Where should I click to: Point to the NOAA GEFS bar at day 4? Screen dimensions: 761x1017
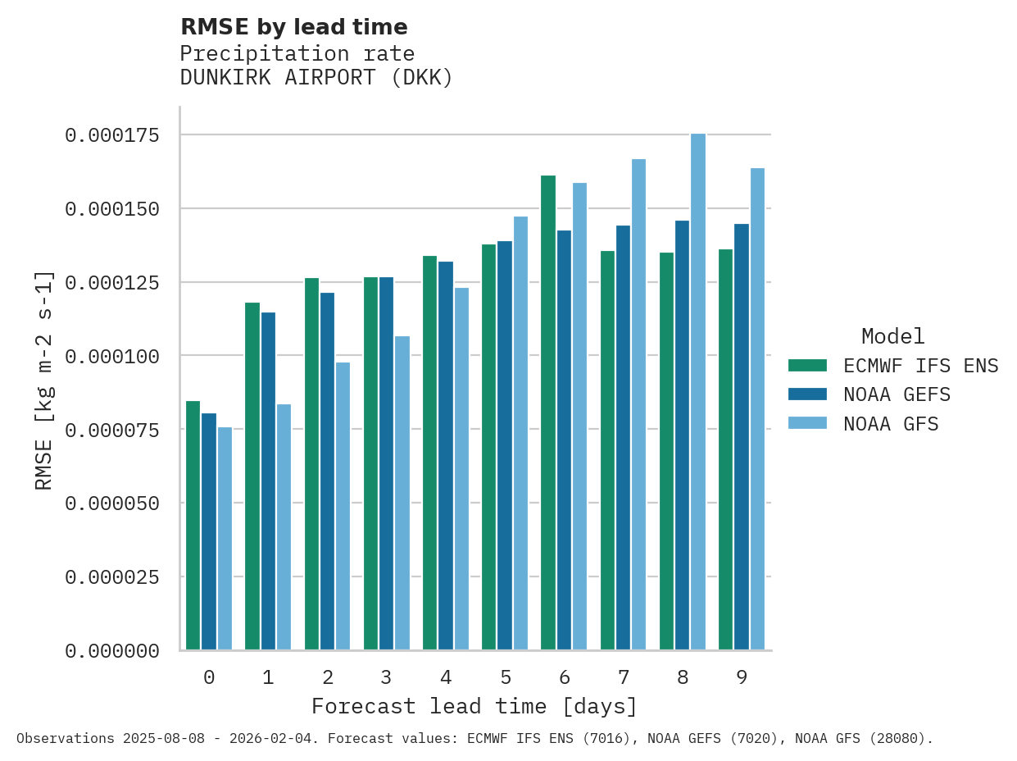[x=446, y=456]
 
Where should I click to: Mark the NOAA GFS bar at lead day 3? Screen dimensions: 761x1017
[x=402, y=493]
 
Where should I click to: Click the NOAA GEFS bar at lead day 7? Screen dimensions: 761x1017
[x=623, y=438]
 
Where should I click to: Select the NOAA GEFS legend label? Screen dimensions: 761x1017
[x=897, y=395]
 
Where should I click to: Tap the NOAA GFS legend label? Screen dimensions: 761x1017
[x=891, y=424]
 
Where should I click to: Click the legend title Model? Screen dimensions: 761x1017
[x=893, y=336]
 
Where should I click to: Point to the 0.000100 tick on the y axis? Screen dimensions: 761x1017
[x=111, y=356]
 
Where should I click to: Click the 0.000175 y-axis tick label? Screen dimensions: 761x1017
[x=111, y=135]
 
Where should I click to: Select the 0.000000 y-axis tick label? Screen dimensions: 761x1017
[x=111, y=651]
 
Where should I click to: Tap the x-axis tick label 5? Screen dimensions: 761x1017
[x=506, y=677]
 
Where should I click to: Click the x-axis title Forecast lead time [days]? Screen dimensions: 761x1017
[x=474, y=706]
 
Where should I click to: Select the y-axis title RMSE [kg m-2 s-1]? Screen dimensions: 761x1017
[x=44, y=380]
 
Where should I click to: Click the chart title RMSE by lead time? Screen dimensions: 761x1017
[x=293, y=27]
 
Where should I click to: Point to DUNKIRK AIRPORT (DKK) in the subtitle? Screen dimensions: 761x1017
[x=316, y=78]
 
